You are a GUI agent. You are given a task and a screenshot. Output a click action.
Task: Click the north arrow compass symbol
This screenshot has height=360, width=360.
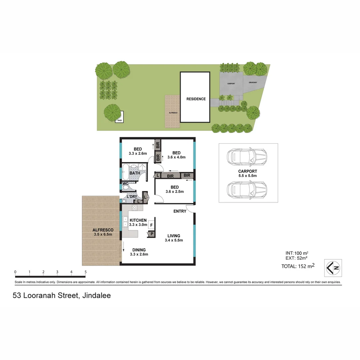pos(333,268)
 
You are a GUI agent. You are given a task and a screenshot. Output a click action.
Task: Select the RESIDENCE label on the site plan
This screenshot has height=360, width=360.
pos(196,99)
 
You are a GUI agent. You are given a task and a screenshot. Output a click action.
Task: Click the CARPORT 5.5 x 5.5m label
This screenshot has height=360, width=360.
pos(248,173)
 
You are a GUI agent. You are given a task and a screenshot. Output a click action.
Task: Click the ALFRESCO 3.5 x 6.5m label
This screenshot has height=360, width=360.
pos(103,232)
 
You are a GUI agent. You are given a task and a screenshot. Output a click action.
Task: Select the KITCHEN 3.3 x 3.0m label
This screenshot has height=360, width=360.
pos(138,222)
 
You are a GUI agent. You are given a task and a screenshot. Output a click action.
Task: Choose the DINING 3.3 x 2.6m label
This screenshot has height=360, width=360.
pos(139,252)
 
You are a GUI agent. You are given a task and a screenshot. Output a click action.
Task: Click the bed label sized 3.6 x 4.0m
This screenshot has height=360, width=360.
pos(176,155)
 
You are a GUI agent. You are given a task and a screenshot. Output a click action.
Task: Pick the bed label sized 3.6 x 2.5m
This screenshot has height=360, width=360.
pos(175,189)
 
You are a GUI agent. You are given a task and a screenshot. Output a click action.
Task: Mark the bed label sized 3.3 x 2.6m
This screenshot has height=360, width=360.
pos(138,151)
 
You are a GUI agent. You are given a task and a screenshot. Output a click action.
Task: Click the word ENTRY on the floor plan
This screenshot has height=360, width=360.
pos(180,211)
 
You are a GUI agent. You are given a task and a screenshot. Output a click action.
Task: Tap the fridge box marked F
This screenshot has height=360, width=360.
pos(151,225)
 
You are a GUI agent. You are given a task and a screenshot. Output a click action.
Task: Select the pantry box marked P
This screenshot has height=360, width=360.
pos(152,234)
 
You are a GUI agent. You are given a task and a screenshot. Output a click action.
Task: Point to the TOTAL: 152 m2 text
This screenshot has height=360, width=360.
pos(298,266)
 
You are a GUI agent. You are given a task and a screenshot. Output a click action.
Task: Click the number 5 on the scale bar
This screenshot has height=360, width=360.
pos(86,272)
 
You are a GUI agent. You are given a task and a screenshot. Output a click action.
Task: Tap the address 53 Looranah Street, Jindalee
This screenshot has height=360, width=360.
pos(62,295)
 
